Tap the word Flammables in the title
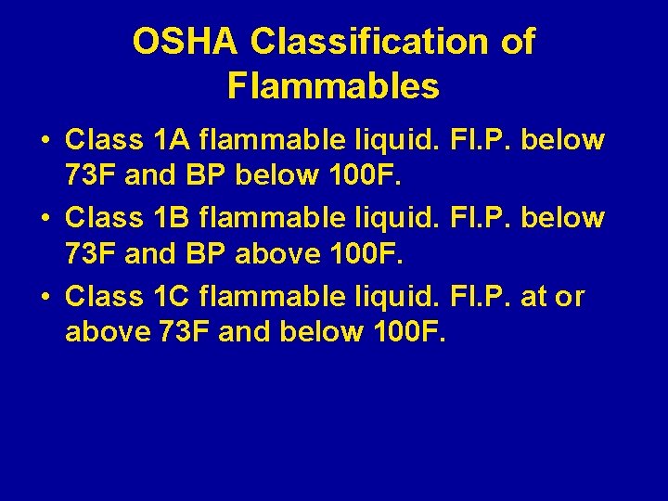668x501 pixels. [x=333, y=86]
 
